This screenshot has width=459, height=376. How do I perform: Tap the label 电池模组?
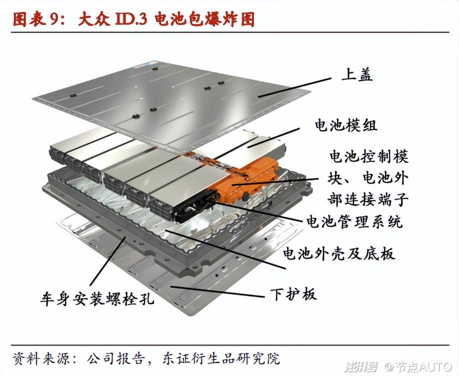click(345, 125)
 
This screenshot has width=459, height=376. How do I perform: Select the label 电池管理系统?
click(354, 221)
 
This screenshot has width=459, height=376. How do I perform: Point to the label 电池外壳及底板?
click(338, 253)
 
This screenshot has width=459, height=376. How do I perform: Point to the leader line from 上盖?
click(294, 87)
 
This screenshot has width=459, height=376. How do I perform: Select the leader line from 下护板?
click(217, 291)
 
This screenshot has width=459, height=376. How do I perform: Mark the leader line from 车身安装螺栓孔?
click(108, 261)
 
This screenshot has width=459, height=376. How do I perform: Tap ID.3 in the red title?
click(130, 19)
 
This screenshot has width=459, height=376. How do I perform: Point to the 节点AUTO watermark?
click(419, 366)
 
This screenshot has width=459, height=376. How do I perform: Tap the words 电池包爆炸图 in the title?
click(204, 19)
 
